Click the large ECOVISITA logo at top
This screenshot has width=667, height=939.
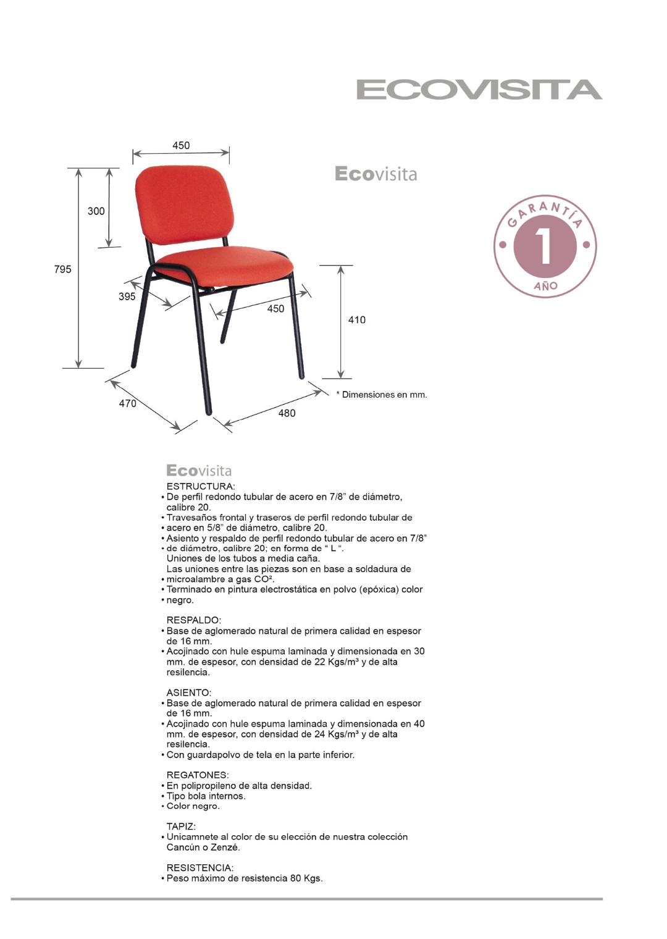pyautogui.click(x=479, y=90)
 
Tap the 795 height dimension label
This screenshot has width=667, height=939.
pyautogui.click(x=62, y=269)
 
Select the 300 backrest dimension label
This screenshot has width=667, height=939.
pyautogui.click(x=96, y=211)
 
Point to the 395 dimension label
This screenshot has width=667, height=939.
pyautogui.click(x=127, y=297)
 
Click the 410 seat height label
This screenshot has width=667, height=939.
pyautogui.click(x=356, y=320)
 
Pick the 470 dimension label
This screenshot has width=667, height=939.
pyautogui.click(x=127, y=403)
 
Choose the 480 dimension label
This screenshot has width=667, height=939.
pyautogui.click(x=287, y=413)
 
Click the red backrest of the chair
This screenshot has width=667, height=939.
pyautogui.click(x=184, y=204)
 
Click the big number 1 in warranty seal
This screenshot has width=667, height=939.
pyautogui.click(x=545, y=246)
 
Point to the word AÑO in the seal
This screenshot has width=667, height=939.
pyautogui.click(x=545, y=286)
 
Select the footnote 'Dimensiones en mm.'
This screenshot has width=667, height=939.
pyautogui.click(x=384, y=395)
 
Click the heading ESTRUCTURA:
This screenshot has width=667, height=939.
pyautogui.click(x=200, y=487)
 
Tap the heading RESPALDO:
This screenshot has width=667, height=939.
pyautogui.click(x=193, y=620)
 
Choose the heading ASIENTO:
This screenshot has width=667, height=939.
pyautogui.click(x=188, y=693)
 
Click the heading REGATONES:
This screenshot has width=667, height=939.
pyautogui.click(x=197, y=775)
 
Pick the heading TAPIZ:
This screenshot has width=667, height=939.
pyautogui.click(x=181, y=827)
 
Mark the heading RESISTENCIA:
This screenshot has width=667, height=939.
pyautogui.click(x=199, y=868)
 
